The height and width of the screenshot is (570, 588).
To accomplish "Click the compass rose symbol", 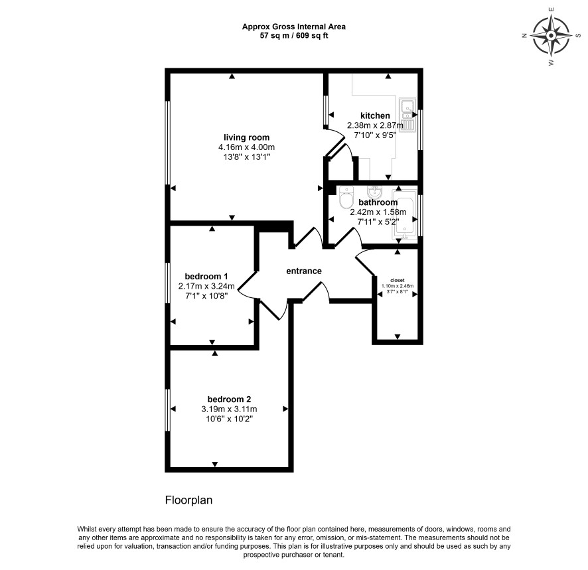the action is [x=551, y=36].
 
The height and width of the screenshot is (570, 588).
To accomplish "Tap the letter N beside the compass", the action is [x=524, y=36].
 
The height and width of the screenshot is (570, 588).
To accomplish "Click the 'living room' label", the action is [x=246, y=137].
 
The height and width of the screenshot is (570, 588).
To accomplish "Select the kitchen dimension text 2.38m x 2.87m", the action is [x=375, y=125].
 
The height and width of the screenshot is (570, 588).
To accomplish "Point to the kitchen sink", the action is [x=407, y=114].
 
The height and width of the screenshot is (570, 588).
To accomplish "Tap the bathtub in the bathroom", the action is [x=404, y=215].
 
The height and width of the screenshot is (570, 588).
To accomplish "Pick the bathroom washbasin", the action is [x=374, y=192].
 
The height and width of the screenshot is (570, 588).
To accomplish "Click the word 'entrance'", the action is [x=304, y=271].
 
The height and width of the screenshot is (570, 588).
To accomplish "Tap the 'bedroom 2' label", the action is [x=229, y=399].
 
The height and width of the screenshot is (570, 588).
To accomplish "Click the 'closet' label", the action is [x=398, y=280].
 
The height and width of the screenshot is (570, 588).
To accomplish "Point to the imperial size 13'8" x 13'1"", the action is [x=247, y=157].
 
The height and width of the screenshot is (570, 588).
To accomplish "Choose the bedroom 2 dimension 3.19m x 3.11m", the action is [x=229, y=409].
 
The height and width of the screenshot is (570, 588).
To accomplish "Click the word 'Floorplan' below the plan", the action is [x=188, y=500].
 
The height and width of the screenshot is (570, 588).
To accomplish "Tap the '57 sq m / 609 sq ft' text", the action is [x=294, y=36].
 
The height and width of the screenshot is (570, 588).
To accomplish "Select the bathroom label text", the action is [x=378, y=202].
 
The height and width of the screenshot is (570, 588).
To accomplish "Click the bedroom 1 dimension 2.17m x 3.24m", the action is [x=206, y=287].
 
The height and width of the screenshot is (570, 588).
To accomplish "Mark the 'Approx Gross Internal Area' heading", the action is [x=293, y=27].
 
